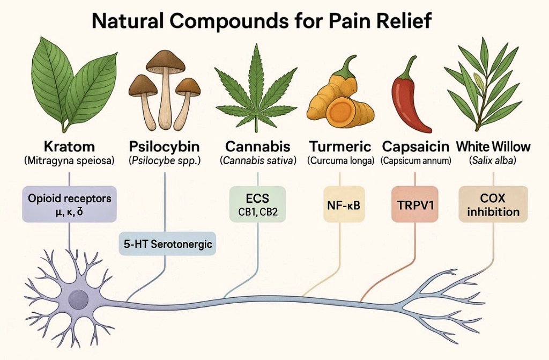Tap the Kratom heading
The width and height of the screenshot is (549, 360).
click(x=69, y=146)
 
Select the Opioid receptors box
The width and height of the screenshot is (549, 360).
click(x=69, y=204)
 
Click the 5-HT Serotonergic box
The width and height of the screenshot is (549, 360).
click(x=168, y=244)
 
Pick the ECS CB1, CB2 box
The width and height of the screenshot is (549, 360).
click(x=258, y=204)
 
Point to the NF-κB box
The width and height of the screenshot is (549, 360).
click(x=344, y=204)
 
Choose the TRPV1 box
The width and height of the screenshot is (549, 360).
click(x=415, y=204)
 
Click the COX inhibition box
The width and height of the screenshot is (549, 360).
click(x=493, y=204)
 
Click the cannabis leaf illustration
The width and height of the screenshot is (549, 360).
click(x=257, y=90)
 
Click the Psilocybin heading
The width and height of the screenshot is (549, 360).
click(x=165, y=146)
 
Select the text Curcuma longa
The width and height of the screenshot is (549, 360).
click(x=341, y=161)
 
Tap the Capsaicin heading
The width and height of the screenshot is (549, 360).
click(x=416, y=146)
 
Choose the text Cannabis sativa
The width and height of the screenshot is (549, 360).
click(x=258, y=161)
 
